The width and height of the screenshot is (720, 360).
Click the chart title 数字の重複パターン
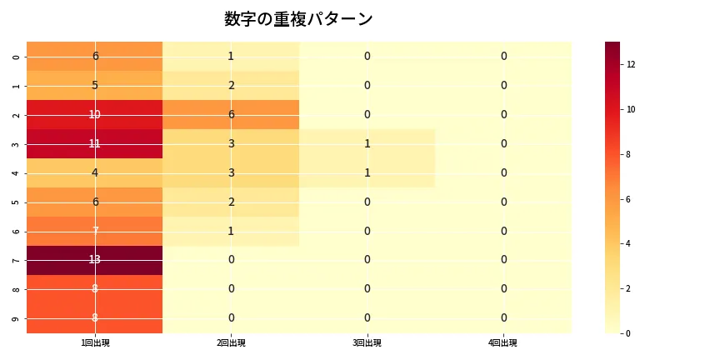[298, 19]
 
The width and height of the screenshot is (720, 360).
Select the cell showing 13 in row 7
[95, 260]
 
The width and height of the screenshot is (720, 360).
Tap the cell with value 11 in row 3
[95, 143]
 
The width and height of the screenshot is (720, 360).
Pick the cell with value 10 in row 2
[95, 114]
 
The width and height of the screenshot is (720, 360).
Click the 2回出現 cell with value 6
[231, 114]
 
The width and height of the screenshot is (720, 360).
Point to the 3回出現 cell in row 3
[367, 143]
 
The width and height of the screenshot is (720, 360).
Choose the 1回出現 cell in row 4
[95, 172]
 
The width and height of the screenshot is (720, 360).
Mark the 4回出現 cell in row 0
[503, 56]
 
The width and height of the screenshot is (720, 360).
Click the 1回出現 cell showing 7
[95, 231]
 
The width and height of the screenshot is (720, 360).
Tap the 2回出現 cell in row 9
[231, 318]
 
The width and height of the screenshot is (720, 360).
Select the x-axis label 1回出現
[95, 343]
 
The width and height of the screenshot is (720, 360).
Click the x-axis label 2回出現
[231, 343]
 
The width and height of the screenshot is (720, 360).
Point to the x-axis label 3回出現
[367, 343]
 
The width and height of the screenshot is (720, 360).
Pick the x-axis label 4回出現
[503, 343]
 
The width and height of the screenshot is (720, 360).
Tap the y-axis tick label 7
[17, 260]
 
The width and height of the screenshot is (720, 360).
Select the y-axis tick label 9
[17, 318]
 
